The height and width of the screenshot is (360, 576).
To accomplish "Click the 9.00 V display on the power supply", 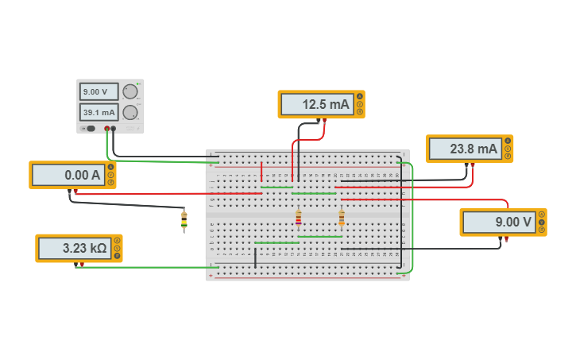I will point(99,91).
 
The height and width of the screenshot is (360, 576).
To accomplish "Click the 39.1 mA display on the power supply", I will point(99,112).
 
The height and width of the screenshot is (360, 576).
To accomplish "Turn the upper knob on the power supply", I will point(130,91).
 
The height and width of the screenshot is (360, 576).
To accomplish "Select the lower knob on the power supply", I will point(130,112).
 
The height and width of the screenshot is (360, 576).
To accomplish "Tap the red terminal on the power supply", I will point(106,128).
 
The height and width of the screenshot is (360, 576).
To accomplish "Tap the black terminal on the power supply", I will point(114,128).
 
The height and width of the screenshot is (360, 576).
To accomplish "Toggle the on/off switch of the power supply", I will point(90,128).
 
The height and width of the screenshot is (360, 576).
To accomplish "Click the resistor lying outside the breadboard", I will point(184,220).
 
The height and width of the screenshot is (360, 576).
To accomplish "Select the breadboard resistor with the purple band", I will point(299,217).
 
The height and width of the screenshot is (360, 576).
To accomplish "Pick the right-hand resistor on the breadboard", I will point(342,217).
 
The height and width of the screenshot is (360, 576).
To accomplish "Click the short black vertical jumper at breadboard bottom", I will point(255,257).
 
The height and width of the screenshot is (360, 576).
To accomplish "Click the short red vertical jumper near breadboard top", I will point(261,171).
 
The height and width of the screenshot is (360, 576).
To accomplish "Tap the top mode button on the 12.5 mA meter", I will point(359,96).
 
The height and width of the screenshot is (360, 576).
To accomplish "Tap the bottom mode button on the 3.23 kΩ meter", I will point(117,256).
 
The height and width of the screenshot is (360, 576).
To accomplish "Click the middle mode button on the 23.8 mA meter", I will point(508,149).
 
